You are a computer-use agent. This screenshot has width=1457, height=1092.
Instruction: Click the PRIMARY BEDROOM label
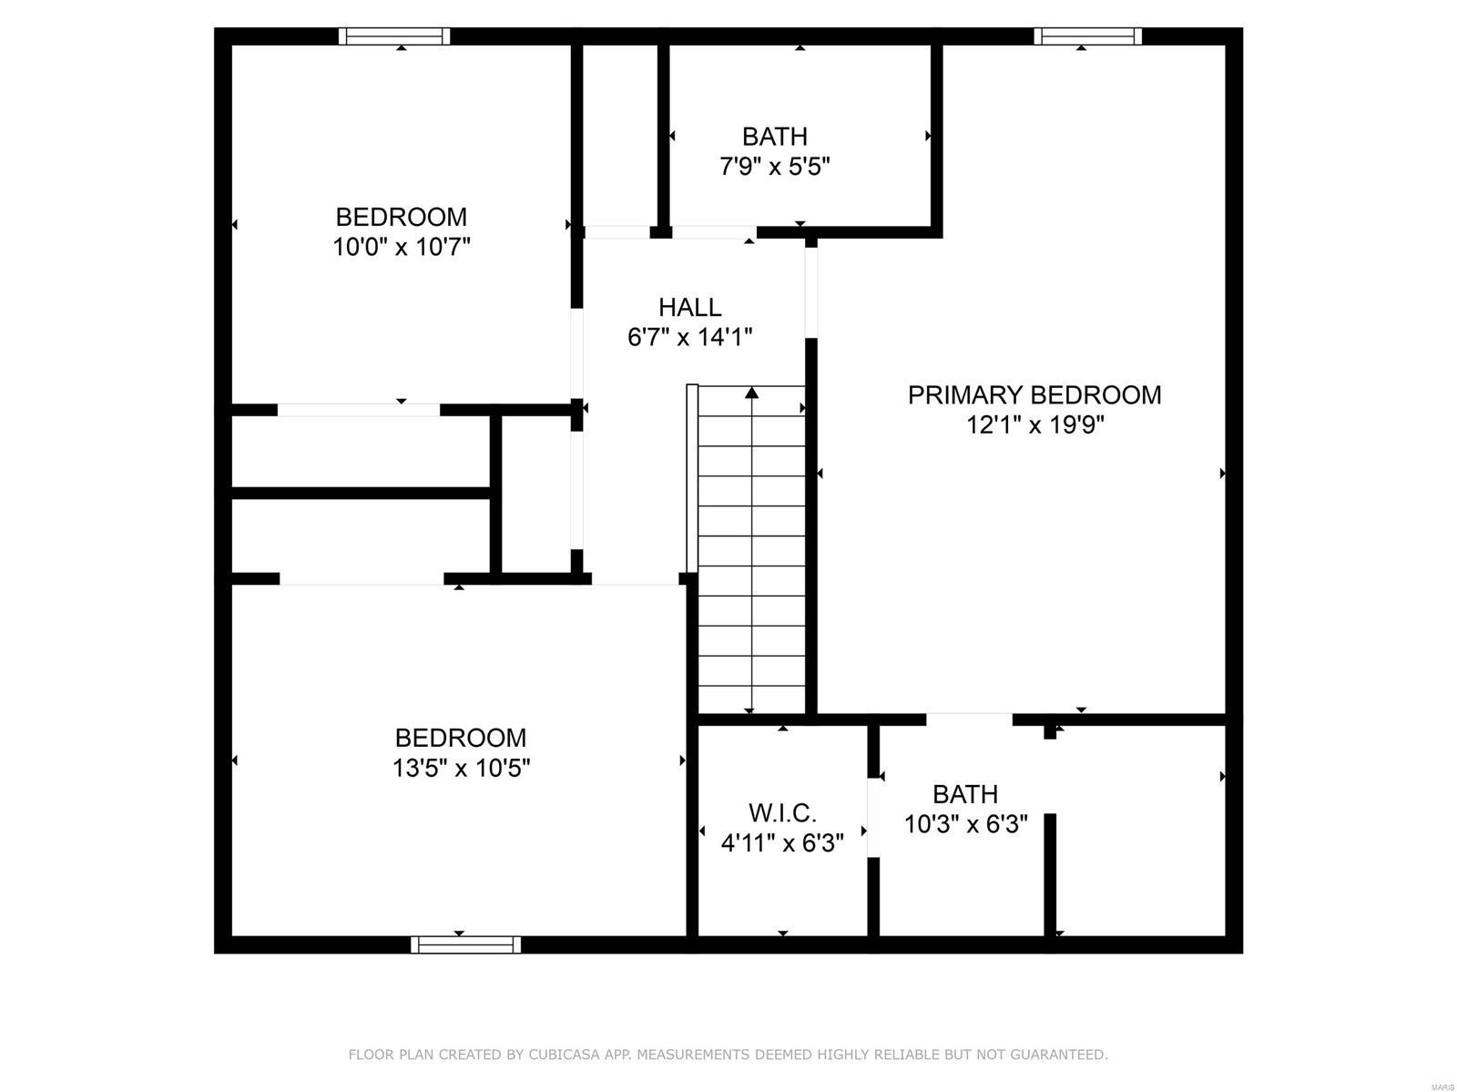1034,395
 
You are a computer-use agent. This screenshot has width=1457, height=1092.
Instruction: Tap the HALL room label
690,307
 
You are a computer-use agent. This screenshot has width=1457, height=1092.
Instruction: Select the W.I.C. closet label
782,812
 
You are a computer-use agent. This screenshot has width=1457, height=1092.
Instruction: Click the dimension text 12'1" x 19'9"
1034,425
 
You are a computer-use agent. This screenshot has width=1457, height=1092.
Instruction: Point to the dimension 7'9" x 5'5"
774,167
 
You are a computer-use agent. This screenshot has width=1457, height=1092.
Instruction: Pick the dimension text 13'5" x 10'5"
461,769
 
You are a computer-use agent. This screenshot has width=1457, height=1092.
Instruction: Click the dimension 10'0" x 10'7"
401,247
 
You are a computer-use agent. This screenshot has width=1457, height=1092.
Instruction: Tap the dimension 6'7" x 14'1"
690,338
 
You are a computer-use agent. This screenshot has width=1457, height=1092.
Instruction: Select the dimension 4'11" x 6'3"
782,842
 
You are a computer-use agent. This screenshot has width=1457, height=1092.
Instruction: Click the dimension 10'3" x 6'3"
965,824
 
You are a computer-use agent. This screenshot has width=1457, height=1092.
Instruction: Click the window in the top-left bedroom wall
394,36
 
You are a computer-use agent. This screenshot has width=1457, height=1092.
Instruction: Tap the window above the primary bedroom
1087,36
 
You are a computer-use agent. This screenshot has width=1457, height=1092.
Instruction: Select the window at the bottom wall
465,944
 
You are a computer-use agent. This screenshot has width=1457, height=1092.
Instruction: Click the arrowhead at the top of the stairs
751,393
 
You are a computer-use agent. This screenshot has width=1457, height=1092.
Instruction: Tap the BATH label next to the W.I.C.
965,794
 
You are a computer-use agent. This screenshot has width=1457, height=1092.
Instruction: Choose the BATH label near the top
774,137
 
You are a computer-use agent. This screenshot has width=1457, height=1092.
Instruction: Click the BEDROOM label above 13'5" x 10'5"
461,738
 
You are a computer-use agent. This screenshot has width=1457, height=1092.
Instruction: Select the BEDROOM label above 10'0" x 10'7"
401,217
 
